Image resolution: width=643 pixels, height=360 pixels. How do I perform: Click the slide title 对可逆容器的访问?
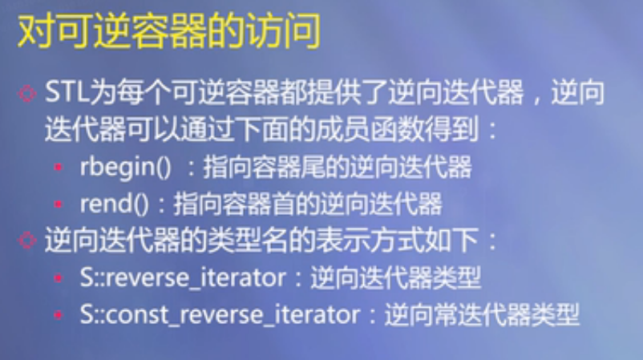coord(168,33)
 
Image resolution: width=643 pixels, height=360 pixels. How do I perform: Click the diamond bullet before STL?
coord(27,94)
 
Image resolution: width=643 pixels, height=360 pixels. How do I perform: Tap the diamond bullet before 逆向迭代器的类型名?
coord(27,241)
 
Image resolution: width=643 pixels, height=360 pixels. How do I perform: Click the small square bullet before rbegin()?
coord(59,169)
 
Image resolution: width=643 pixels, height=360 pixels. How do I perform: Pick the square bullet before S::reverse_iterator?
coord(59,280)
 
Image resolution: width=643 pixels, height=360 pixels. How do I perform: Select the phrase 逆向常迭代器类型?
coord(481,315)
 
